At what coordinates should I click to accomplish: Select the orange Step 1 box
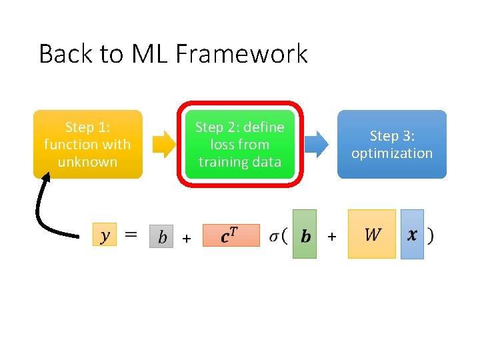87,144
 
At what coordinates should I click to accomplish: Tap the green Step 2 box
239,144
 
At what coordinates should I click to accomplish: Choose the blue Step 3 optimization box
391,144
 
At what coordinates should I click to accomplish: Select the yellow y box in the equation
105,235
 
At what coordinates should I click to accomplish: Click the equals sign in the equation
132,235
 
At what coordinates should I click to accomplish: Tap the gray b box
161,236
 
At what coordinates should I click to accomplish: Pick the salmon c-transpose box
230,235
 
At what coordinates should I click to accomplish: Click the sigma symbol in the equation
275,236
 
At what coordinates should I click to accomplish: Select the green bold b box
305,234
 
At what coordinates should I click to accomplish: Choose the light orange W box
372,234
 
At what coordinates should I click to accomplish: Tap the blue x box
412,234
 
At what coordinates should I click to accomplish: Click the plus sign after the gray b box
187,238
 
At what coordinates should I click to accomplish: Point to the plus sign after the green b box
332,236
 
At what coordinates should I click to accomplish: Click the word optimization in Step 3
391,153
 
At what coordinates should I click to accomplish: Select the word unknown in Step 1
87,162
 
